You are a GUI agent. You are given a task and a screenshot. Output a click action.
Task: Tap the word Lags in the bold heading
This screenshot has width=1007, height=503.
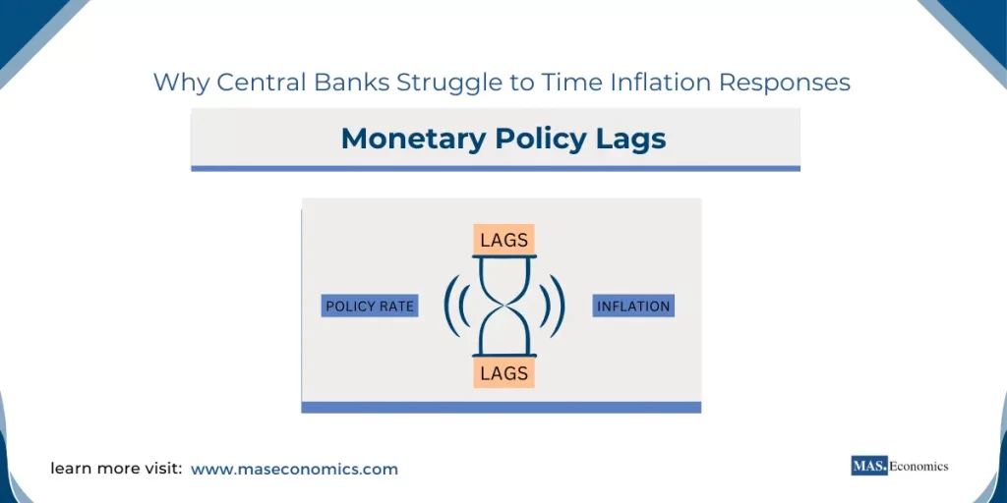pos(629,139)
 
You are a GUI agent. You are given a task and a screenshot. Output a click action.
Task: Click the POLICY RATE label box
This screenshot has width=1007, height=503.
pos(370,307)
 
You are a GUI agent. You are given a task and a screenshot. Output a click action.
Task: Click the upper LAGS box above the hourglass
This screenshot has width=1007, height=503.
pos(503,240)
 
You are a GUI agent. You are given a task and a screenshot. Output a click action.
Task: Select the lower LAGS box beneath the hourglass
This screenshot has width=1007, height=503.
pos(503,373)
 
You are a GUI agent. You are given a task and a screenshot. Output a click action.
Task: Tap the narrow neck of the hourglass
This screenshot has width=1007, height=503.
pos(503,306)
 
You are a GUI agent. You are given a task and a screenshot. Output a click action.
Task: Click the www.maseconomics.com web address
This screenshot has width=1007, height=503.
pos(294,470)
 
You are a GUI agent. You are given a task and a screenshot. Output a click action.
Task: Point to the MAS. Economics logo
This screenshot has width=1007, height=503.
pos(899,466)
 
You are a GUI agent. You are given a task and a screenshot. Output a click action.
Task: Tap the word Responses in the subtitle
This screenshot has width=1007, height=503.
pos(785,83)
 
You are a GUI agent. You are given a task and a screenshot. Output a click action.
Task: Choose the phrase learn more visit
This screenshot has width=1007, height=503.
pos(116,470)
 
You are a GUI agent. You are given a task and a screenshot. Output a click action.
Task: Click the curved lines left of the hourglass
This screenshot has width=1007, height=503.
pos(455,306)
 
